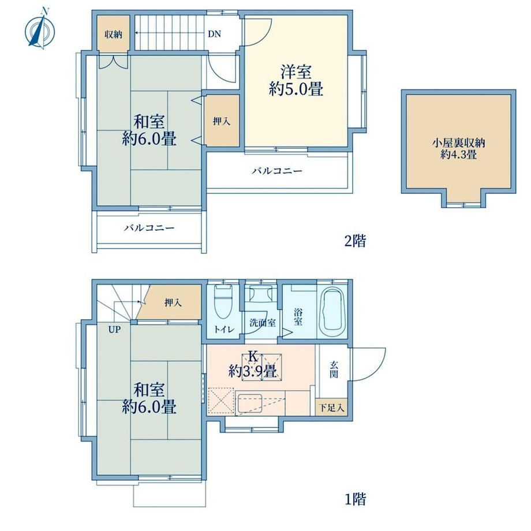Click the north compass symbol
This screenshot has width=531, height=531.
[x=40, y=30]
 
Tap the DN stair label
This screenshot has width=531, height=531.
[x=214, y=34]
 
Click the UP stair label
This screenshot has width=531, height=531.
[x=114, y=329]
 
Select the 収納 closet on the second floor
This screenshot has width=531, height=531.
[x=113, y=34]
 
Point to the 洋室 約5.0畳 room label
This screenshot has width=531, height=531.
[x=296, y=81]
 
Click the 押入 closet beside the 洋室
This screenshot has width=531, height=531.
[x=222, y=121]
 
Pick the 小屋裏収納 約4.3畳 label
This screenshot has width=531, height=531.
[x=458, y=149]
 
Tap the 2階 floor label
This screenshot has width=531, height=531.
[x=355, y=241]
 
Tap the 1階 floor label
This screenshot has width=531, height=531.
[x=355, y=499]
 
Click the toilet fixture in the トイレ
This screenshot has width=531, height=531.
[x=223, y=301]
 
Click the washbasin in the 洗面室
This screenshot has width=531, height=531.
[x=261, y=293]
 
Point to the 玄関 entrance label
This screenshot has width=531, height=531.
[x=334, y=369]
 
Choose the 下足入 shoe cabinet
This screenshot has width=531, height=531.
[x=332, y=407]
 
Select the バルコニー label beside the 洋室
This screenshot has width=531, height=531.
[x=276, y=171]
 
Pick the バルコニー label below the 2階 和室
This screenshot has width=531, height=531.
[x=149, y=227]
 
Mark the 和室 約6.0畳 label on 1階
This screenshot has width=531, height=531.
[x=149, y=398]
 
